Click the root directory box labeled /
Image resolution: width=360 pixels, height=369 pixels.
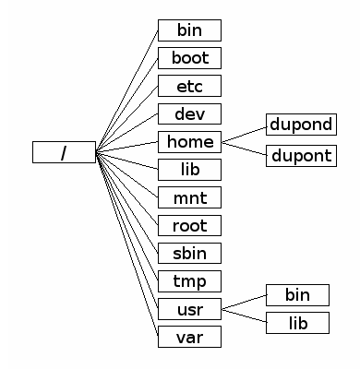pyautogui.click(x=64, y=152)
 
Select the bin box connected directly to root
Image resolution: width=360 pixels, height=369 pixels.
pyautogui.click(x=189, y=30)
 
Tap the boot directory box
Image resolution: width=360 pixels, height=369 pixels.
pyautogui.click(x=189, y=58)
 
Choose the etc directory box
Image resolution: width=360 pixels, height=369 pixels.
pyautogui.click(x=189, y=86)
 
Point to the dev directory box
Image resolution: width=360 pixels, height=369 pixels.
pyautogui.click(x=189, y=113)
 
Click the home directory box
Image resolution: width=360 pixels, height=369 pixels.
pyautogui.click(x=189, y=141)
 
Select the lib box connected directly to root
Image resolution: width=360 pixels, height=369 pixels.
pyautogui.click(x=189, y=170)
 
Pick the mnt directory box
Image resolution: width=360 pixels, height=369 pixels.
pyautogui.click(x=189, y=197)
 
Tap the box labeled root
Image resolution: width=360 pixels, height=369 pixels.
pyautogui.click(x=189, y=225)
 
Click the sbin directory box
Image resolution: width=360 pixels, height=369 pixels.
pyautogui.click(x=189, y=253)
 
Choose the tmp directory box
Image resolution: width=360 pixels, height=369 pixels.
pyautogui.click(x=189, y=280)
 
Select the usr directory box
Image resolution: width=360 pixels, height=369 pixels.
pyautogui.click(x=189, y=308)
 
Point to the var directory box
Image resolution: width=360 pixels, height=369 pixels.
pyautogui.click(x=189, y=336)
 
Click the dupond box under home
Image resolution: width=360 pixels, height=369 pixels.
pyautogui.click(x=299, y=125)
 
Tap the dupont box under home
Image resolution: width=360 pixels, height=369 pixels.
pyautogui.click(x=299, y=155)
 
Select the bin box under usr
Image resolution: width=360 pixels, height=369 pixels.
pyautogui.click(x=297, y=295)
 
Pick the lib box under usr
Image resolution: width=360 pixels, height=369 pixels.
pyautogui.click(x=297, y=323)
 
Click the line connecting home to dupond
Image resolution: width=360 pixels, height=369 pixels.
pyautogui.click(x=244, y=134)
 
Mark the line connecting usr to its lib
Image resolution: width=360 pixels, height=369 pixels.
pyautogui.click(x=244, y=315)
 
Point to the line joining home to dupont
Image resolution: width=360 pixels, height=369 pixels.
pyautogui.click(x=244, y=149)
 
